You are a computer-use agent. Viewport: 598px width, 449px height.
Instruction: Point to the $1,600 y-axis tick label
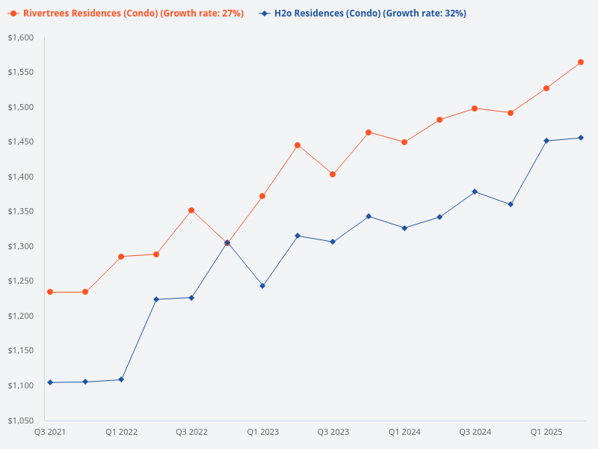coord(20,37)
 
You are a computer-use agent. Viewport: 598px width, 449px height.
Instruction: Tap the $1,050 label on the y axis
coord(20,420)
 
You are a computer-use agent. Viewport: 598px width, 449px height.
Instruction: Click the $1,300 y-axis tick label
coord(20,246)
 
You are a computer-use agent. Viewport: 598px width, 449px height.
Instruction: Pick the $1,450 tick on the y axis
coord(20,141)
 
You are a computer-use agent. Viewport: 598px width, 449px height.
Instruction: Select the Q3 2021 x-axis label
coord(50,432)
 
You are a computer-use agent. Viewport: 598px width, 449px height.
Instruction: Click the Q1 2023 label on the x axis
coord(262,432)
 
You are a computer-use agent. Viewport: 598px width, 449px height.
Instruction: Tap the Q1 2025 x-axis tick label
coord(546,432)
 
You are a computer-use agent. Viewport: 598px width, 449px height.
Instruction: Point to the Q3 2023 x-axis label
coord(333,432)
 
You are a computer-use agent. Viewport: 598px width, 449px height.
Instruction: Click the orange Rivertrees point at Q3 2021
coord(50,292)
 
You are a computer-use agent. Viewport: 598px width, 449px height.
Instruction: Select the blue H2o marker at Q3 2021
coord(50,382)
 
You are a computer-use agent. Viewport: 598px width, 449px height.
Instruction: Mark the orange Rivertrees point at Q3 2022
coord(191,210)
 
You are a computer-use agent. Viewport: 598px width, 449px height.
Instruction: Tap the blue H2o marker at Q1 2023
coord(262,286)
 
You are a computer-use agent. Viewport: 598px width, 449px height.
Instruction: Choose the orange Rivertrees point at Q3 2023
coord(333,174)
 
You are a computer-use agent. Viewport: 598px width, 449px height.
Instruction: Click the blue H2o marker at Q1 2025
coord(546,141)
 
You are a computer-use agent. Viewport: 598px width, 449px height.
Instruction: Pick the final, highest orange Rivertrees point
coord(581,62)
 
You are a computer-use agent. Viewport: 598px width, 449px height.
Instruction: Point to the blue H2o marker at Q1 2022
coord(121,379)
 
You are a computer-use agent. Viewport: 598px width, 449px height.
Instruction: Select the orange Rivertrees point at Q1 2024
coord(404,142)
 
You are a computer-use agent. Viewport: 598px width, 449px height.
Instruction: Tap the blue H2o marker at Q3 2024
coord(475,192)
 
